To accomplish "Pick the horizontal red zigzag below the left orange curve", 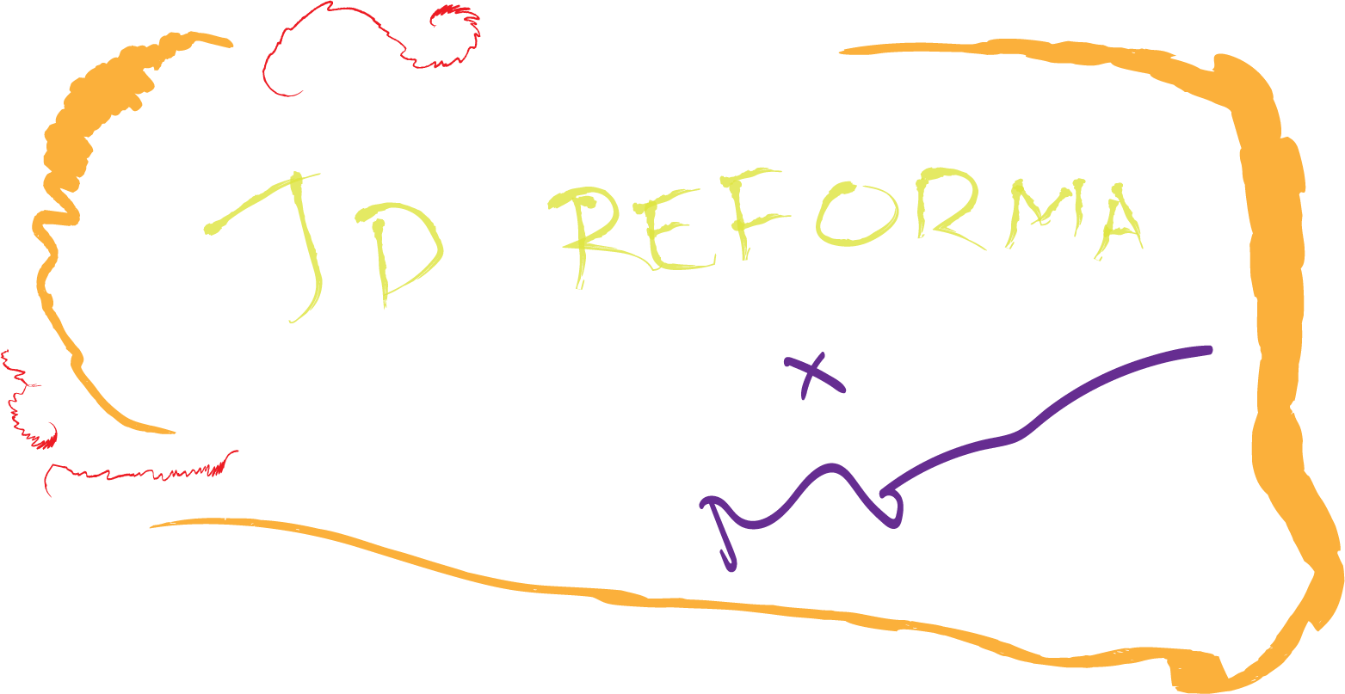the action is point(138,474).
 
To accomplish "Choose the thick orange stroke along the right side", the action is point(1274,344).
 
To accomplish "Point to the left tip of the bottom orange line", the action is point(153,525).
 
